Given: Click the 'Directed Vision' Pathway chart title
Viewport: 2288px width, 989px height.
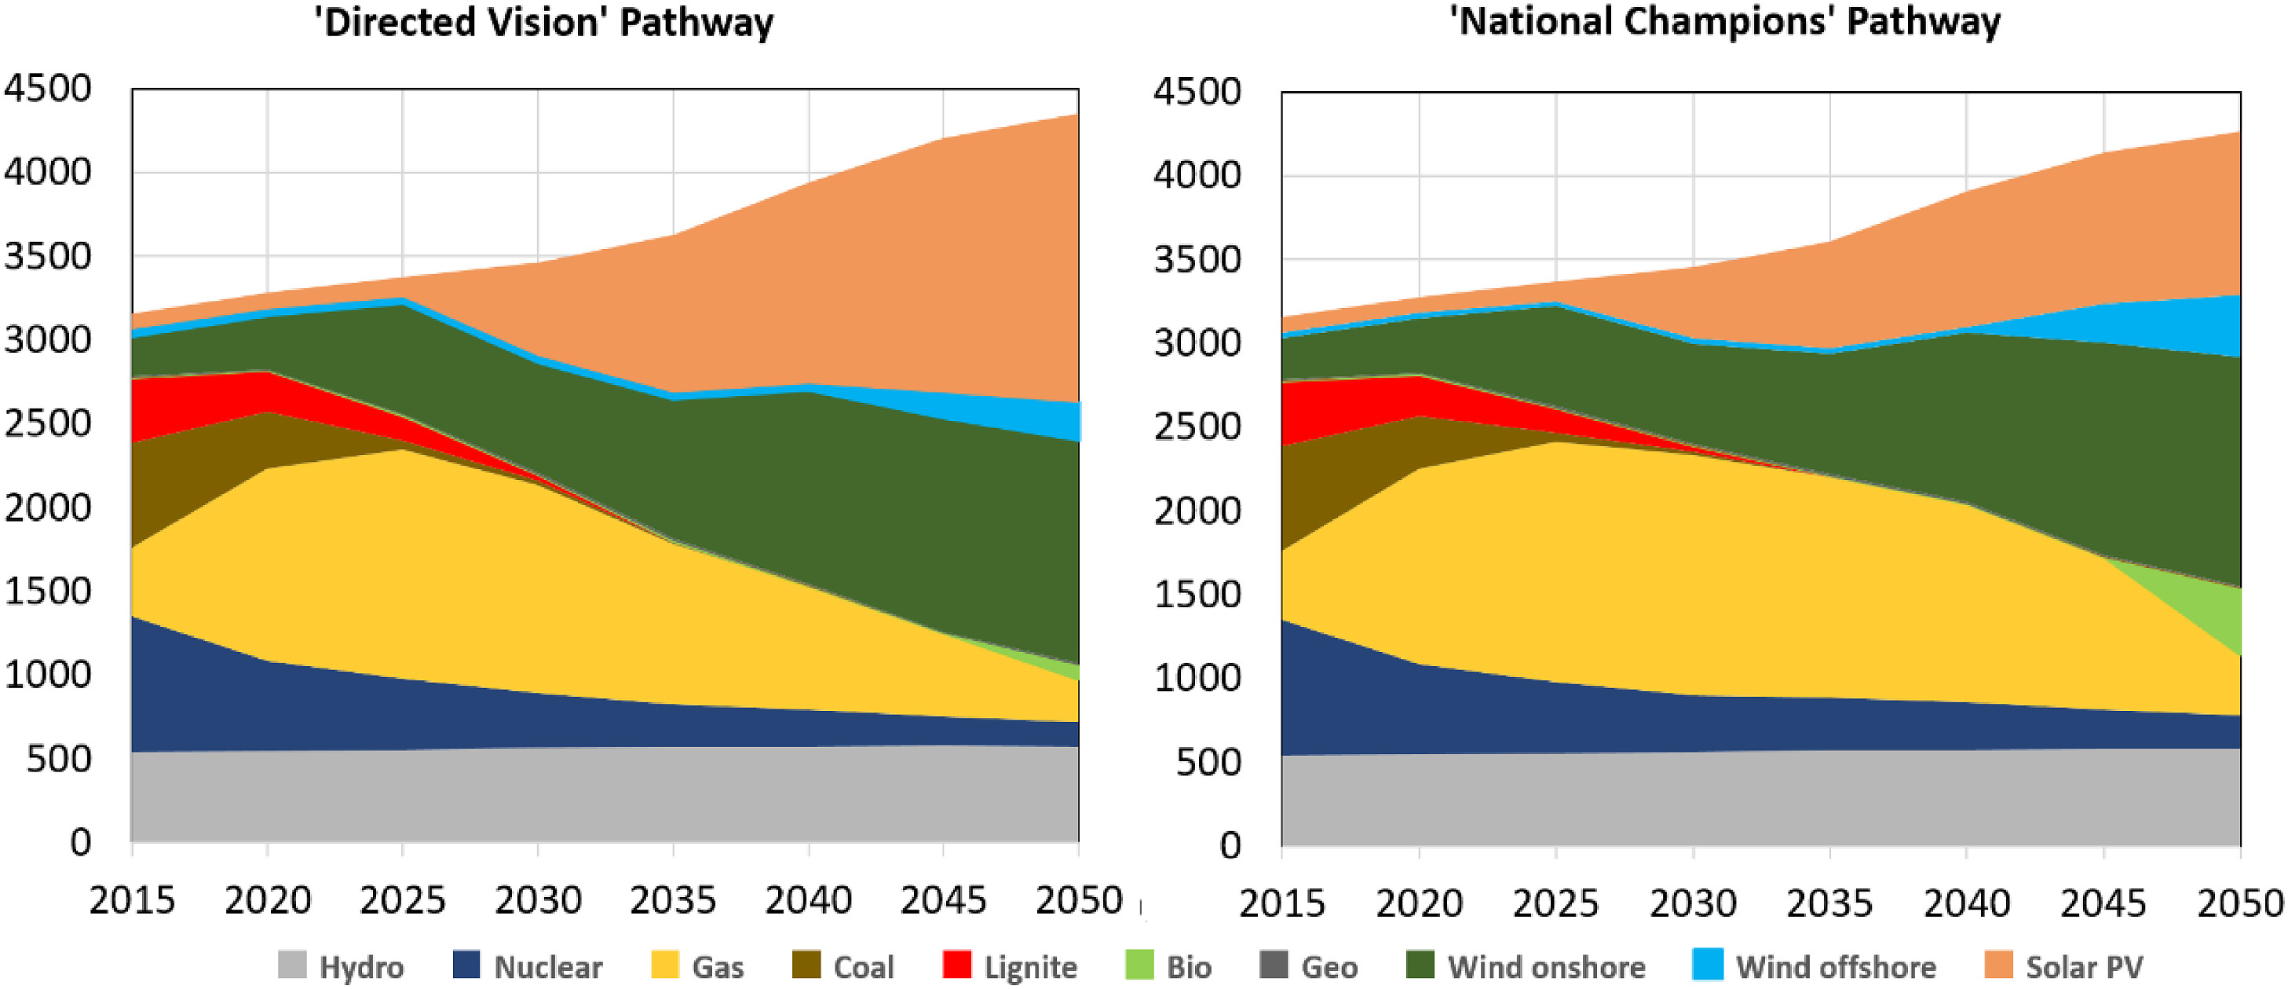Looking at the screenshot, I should (x=543, y=21).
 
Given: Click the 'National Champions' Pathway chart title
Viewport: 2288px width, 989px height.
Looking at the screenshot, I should (x=1725, y=21).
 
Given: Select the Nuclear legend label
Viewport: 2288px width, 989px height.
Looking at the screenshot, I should (x=547, y=967).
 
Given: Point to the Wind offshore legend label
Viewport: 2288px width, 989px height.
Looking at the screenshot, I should (x=1835, y=967).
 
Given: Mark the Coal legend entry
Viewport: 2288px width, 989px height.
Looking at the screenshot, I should (x=843, y=967).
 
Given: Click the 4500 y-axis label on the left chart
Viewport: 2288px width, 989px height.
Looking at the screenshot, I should (x=48, y=89).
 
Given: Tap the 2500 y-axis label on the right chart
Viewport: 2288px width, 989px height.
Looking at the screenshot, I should (x=1197, y=427).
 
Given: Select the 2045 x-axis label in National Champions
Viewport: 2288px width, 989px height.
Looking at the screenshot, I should (x=2103, y=903).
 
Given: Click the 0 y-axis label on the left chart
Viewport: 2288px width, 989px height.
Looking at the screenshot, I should (x=80, y=842).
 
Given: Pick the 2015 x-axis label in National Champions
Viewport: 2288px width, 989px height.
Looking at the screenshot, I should (x=1281, y=903).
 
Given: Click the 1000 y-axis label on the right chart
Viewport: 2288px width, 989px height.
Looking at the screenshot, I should (x=1197, y=679).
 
